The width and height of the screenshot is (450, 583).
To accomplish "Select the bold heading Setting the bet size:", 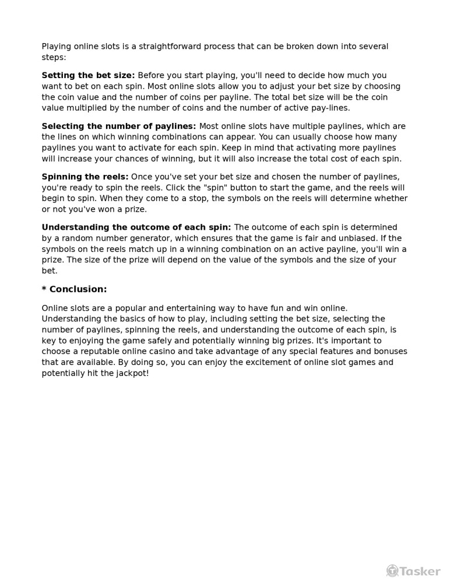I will pyautogui.click(x=88, y=76).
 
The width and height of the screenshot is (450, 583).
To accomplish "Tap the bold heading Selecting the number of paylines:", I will pyautogui.click(x=119, y=127).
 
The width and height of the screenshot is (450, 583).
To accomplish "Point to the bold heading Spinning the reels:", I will pyautogui.click(x=85, y=177).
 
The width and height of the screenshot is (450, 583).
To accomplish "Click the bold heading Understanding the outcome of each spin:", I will pyautogui.click(x=136, y=228).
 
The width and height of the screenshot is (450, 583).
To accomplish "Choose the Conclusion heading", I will pyautogui.click(x=75, y=290).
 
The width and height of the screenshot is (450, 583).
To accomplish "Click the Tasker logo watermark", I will pyautogui.click(x=413, y=571).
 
